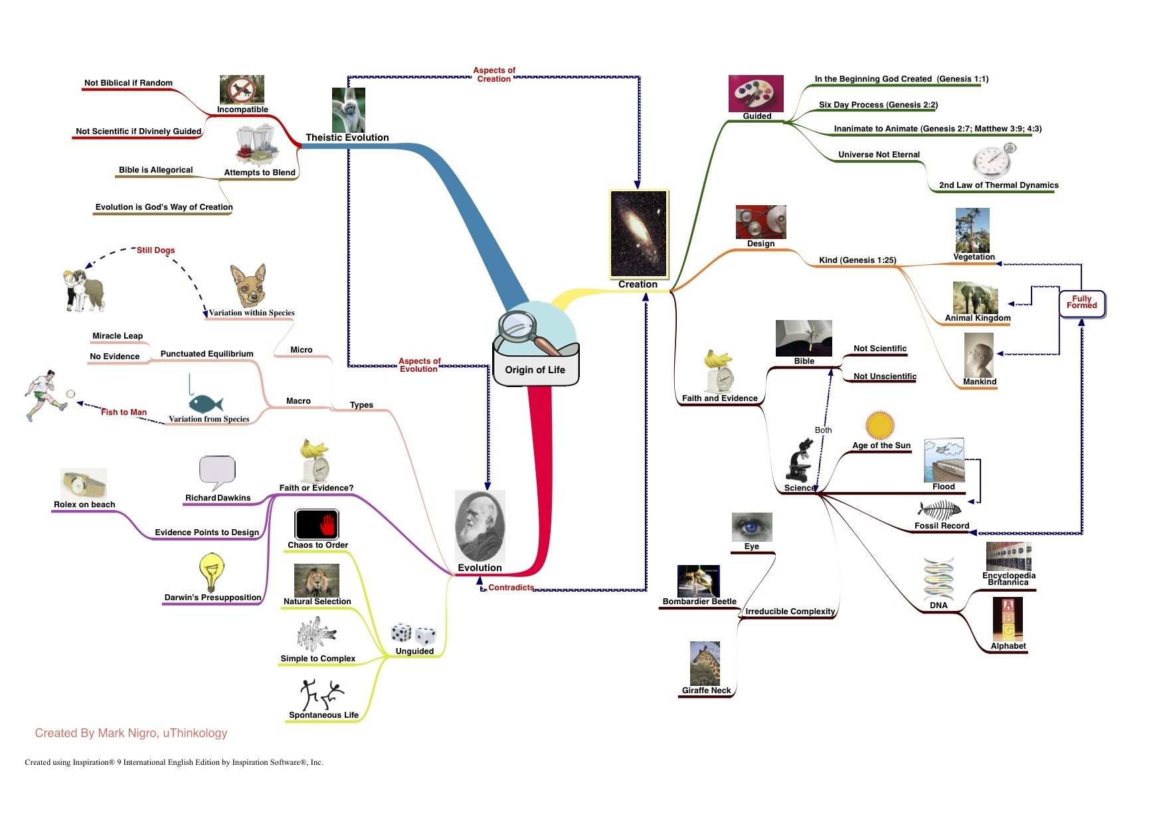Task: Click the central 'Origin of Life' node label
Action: [535, 370]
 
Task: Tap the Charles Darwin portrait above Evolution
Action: [480, 527]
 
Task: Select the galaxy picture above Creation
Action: [638, 234]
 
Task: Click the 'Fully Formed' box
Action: [1081, 303]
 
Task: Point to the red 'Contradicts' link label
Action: [511, 588]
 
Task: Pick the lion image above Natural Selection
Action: [316, 580]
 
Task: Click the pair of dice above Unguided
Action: [413, 634]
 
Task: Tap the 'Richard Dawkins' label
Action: [218, 498]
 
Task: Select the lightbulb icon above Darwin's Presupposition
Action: [212, 572]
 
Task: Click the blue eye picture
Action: [751, 527]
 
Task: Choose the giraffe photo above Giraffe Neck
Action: [705, 663]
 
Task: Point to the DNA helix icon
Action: [939, 578]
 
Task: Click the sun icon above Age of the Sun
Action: [880, 425]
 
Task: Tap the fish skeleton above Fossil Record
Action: [939, 510]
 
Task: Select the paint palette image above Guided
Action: [756, 93]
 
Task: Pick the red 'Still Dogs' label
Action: [155, 250]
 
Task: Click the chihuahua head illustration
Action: [248, 286]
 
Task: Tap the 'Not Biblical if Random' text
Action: [128, 83]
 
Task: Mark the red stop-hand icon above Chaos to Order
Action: [317, 525]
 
